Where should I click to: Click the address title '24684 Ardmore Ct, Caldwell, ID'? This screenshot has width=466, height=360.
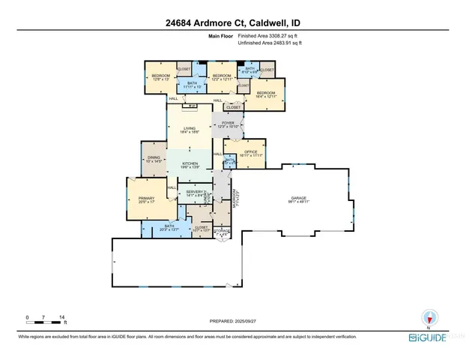coord(233,11)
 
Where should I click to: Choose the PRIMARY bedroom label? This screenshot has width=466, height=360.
coord(145,199)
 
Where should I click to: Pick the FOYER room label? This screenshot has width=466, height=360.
coord(227,124)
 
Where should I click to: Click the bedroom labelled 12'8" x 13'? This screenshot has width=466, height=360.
coord(162,77)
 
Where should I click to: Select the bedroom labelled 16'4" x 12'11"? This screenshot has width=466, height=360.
coord(266,94)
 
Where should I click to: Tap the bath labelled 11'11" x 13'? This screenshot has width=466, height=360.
coord(193,85)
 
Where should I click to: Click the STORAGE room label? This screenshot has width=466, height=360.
coord(222,232)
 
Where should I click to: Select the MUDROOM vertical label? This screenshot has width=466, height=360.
coord(237,201)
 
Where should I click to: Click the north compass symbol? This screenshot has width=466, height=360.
coord(429,316)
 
